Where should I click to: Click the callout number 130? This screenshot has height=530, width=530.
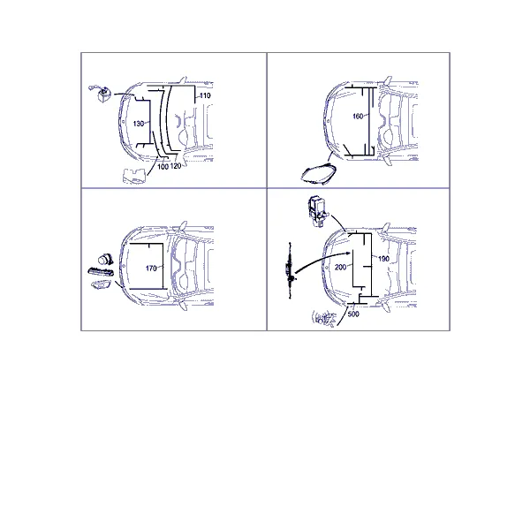[139, 124]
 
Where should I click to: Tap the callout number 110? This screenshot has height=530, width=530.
[205, 95]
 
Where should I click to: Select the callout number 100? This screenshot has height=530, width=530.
[163, 167]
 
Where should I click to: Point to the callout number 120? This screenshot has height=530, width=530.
[176, 166]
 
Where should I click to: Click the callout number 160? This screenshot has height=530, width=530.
[358, 117]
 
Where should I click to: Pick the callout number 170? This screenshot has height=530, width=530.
[151, 269]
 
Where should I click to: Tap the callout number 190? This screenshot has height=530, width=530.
[383, 259]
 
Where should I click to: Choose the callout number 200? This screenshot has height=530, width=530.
[340, 268]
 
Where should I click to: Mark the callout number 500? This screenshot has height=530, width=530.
[353, 314]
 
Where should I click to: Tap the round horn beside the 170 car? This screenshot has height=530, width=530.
[105, 260]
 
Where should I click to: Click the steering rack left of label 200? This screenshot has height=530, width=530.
[290, 270]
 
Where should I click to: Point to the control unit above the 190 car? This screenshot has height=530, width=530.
[318, 211]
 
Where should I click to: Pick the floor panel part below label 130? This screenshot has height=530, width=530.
[134, 176]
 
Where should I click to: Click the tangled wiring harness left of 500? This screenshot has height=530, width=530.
[324, 319]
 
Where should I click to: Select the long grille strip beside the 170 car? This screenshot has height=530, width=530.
[101, 272]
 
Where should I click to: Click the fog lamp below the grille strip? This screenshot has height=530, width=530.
[101, 285]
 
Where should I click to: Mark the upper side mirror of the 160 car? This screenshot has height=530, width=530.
[388, 80]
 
